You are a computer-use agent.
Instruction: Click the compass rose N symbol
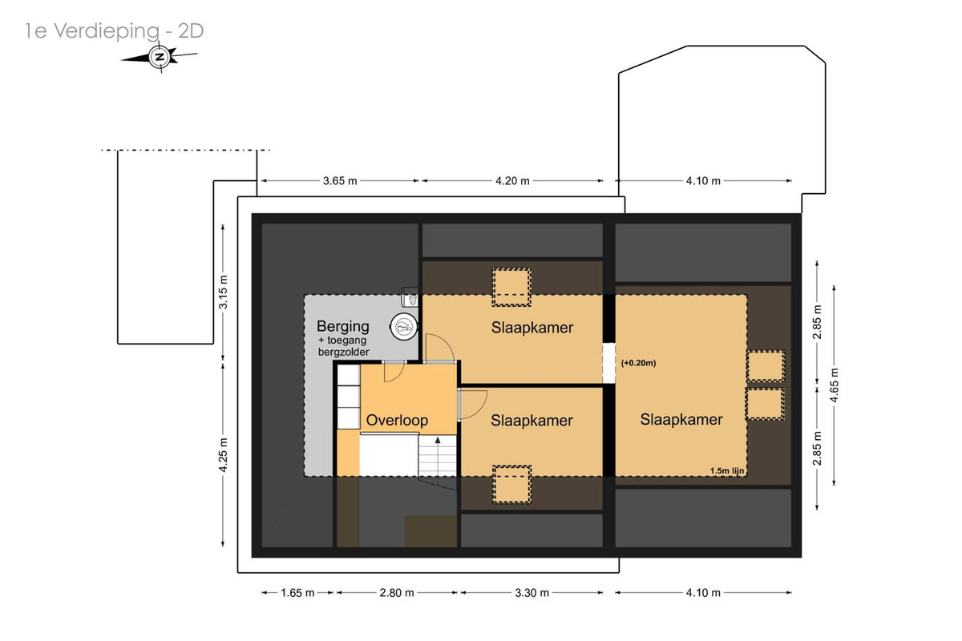tap(160, 57)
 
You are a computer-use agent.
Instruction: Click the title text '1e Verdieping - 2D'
tap(114, 31)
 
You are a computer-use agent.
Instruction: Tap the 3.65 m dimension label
tap(340, 181)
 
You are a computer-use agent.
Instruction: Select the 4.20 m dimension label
tap(512, 181)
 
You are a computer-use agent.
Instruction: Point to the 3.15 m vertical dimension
tap(223, 292)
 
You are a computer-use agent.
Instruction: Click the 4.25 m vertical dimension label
tap(223, 455)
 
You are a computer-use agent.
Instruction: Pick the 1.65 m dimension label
tap(297, 593)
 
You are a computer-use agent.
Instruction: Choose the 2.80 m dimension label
tap(396, 593)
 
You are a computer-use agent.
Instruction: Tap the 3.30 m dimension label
tap(532, 593)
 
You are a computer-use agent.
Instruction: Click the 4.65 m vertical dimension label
tap(834, 385)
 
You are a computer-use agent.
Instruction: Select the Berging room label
tap(343, 327)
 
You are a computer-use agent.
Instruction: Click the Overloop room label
tap(397, 420)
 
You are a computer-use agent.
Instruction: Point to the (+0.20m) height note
tap(638, 363)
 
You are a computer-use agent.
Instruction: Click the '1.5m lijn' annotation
tap(726, 470)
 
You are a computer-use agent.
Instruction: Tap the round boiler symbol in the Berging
tap(404, 327)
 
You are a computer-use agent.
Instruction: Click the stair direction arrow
tap(438, 440)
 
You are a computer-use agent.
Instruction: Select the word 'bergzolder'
tap(344, 352)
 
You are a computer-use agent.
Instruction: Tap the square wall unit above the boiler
tap(410, 297)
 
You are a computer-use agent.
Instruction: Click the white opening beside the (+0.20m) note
tap(608, 363)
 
